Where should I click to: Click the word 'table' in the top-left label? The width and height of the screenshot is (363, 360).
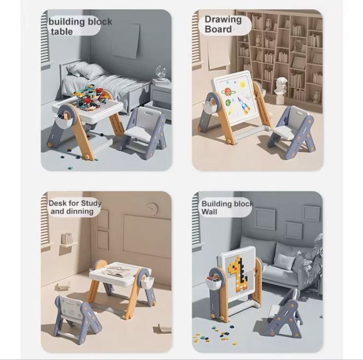pyautogui.click(x=62, y=32)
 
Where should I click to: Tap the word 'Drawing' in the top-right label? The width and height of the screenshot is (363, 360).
pyautogui.click(x=223, y=20)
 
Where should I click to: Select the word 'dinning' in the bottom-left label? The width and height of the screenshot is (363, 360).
pyautogui.click(x=80, y=211)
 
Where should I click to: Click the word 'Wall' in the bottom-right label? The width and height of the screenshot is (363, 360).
pyautogui.click(x=209, y=212)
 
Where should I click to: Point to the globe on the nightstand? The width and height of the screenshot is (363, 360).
pyautogui.click(x=161, y=73)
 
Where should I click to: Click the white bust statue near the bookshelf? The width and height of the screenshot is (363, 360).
pyautogui.click(x=281, y=89)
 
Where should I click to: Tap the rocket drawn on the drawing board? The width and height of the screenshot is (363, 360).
pyautogui.click(x=243, y=106)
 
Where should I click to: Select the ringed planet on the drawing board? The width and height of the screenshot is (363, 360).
pyautogui.click(x=229, y=92)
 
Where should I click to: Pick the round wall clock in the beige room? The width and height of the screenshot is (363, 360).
pyautogui.click(x=152, y=209)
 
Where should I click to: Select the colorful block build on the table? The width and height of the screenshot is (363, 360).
pyautogui.click(x=88, y=97)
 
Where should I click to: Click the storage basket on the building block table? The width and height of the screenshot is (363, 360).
pyautogui.click(x=64, y=122)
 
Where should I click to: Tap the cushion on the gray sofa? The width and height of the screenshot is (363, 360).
pyautogui.click(x=284, y=261)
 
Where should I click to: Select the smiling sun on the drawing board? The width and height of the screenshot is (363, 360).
pyautogui.click(x=243, y=85)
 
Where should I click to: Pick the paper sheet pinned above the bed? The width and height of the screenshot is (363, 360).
pyautogui.click(x=126, y=41)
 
